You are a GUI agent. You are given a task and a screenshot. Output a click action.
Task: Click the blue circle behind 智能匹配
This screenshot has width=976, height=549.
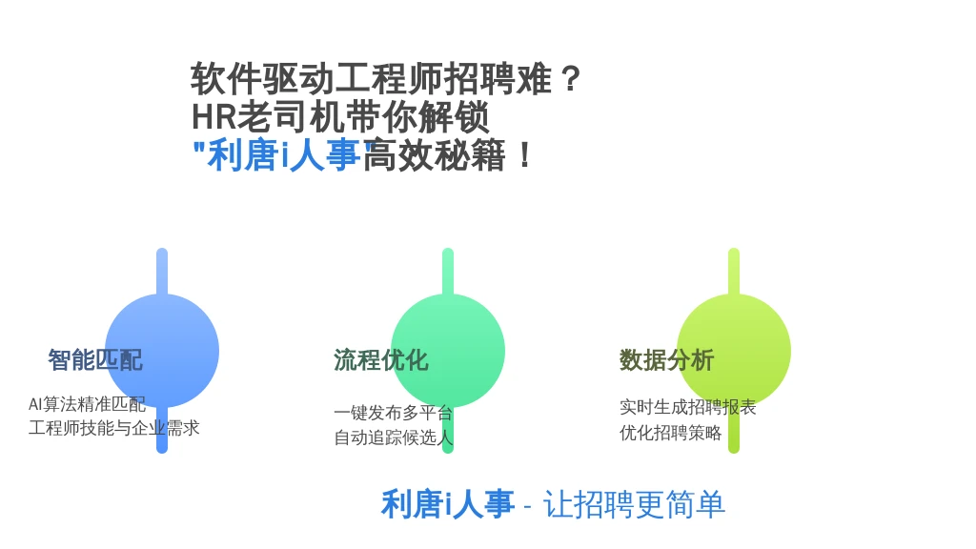[x=162, y=351]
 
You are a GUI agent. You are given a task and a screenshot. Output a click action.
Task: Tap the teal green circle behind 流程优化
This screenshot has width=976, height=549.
[x=448, y=351]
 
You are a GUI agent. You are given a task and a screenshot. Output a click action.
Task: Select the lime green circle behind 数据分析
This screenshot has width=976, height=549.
[x=734, y=351]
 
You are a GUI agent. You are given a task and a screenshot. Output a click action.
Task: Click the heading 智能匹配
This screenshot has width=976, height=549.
[x=95, y=359]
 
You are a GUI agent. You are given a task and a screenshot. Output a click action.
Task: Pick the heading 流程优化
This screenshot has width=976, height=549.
[x=381, y=359]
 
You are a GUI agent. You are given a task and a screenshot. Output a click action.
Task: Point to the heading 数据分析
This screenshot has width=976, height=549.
[x=666, y=359]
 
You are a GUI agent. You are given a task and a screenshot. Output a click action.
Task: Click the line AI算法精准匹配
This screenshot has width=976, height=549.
[x=87, y=404]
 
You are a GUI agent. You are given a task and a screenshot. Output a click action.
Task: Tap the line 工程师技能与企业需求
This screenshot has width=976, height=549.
[x=114, y=428]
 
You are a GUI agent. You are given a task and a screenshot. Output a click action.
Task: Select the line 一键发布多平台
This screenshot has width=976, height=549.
[x=393, y=412]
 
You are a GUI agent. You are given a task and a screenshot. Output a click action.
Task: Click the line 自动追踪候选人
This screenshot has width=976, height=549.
[x=393, y=437]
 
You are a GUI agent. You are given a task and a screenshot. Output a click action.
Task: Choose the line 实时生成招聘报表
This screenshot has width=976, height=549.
[x=688, y=407]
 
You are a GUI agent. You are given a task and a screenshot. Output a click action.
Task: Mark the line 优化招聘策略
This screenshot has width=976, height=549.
[x=670, y=432]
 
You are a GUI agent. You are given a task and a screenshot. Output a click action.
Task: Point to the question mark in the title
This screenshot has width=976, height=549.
[x=570, y=79]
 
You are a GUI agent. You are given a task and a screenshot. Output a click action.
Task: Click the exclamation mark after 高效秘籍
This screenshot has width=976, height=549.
[x=525, y=155]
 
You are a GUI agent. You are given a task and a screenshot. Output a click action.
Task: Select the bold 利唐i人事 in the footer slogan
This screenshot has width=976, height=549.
[x=448, y=504]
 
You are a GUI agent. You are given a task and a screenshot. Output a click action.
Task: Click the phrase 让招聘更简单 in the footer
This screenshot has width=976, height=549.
[x=634, y=504]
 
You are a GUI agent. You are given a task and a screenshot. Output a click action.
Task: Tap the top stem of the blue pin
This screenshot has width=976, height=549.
[x=162, y=272]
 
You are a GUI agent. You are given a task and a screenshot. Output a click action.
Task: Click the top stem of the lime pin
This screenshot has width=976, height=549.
[x=734, y=272]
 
